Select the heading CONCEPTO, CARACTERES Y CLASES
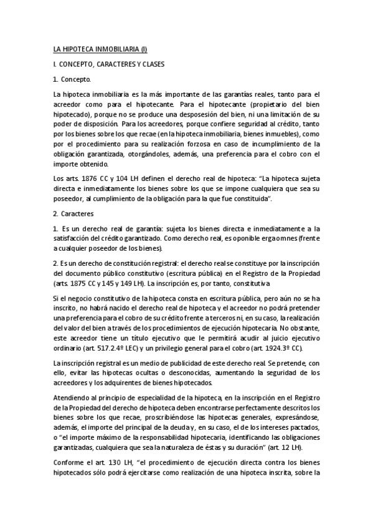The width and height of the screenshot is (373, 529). [111, 64]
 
